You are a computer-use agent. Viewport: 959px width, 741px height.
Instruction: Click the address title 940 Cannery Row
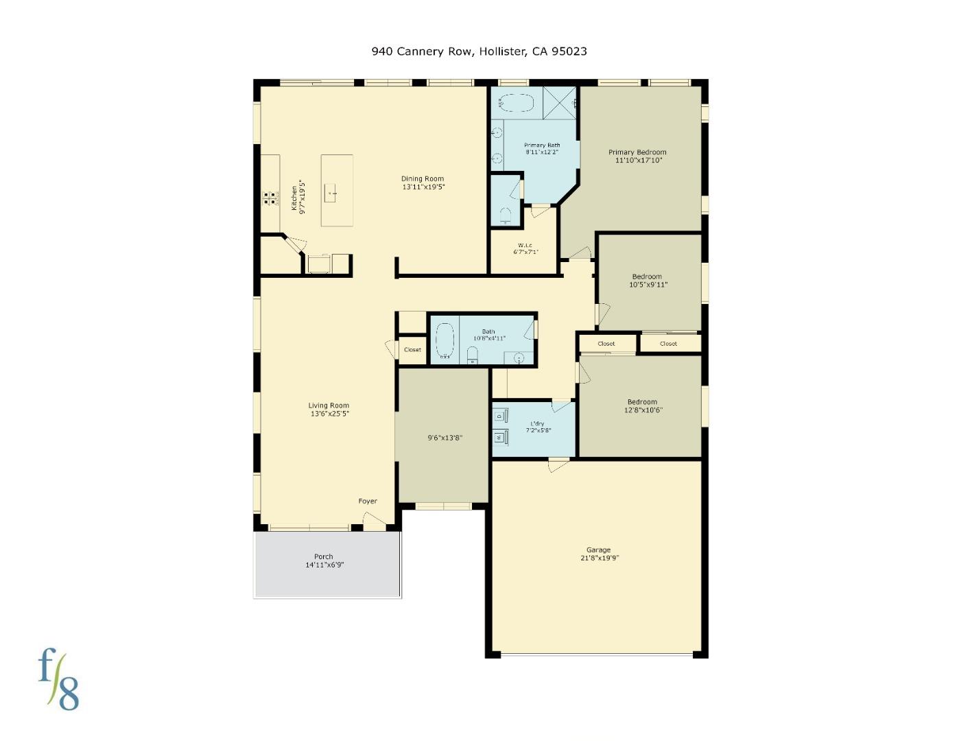point(479,51)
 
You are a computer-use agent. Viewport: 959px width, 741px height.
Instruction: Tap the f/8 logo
point(58,679)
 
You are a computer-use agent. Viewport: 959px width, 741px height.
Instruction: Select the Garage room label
point(598,550)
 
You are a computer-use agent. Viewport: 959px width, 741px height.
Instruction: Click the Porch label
point(324,556)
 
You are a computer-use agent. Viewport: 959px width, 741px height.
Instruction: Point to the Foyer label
point(368,501)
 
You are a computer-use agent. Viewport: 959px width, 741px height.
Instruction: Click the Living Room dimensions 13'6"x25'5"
point(329,414)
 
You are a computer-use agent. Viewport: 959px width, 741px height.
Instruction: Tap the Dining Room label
point(423,178)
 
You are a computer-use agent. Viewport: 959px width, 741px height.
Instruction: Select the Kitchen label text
point(295,198)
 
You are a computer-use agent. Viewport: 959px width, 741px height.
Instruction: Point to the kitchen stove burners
point(270,198)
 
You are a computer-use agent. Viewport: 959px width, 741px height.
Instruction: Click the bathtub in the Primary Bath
point(516,103)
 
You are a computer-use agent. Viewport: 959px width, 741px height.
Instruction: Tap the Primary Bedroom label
point(637,152)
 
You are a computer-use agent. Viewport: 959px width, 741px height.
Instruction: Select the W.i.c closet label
point(525,245)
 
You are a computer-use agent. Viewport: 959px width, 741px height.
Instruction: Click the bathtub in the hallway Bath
point(445,340)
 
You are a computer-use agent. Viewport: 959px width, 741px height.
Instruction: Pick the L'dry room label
point(538,423)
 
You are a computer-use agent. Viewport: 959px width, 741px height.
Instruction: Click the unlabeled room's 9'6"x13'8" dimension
point(445,437)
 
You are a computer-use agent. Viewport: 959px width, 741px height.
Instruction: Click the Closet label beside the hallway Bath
point(413,350)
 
